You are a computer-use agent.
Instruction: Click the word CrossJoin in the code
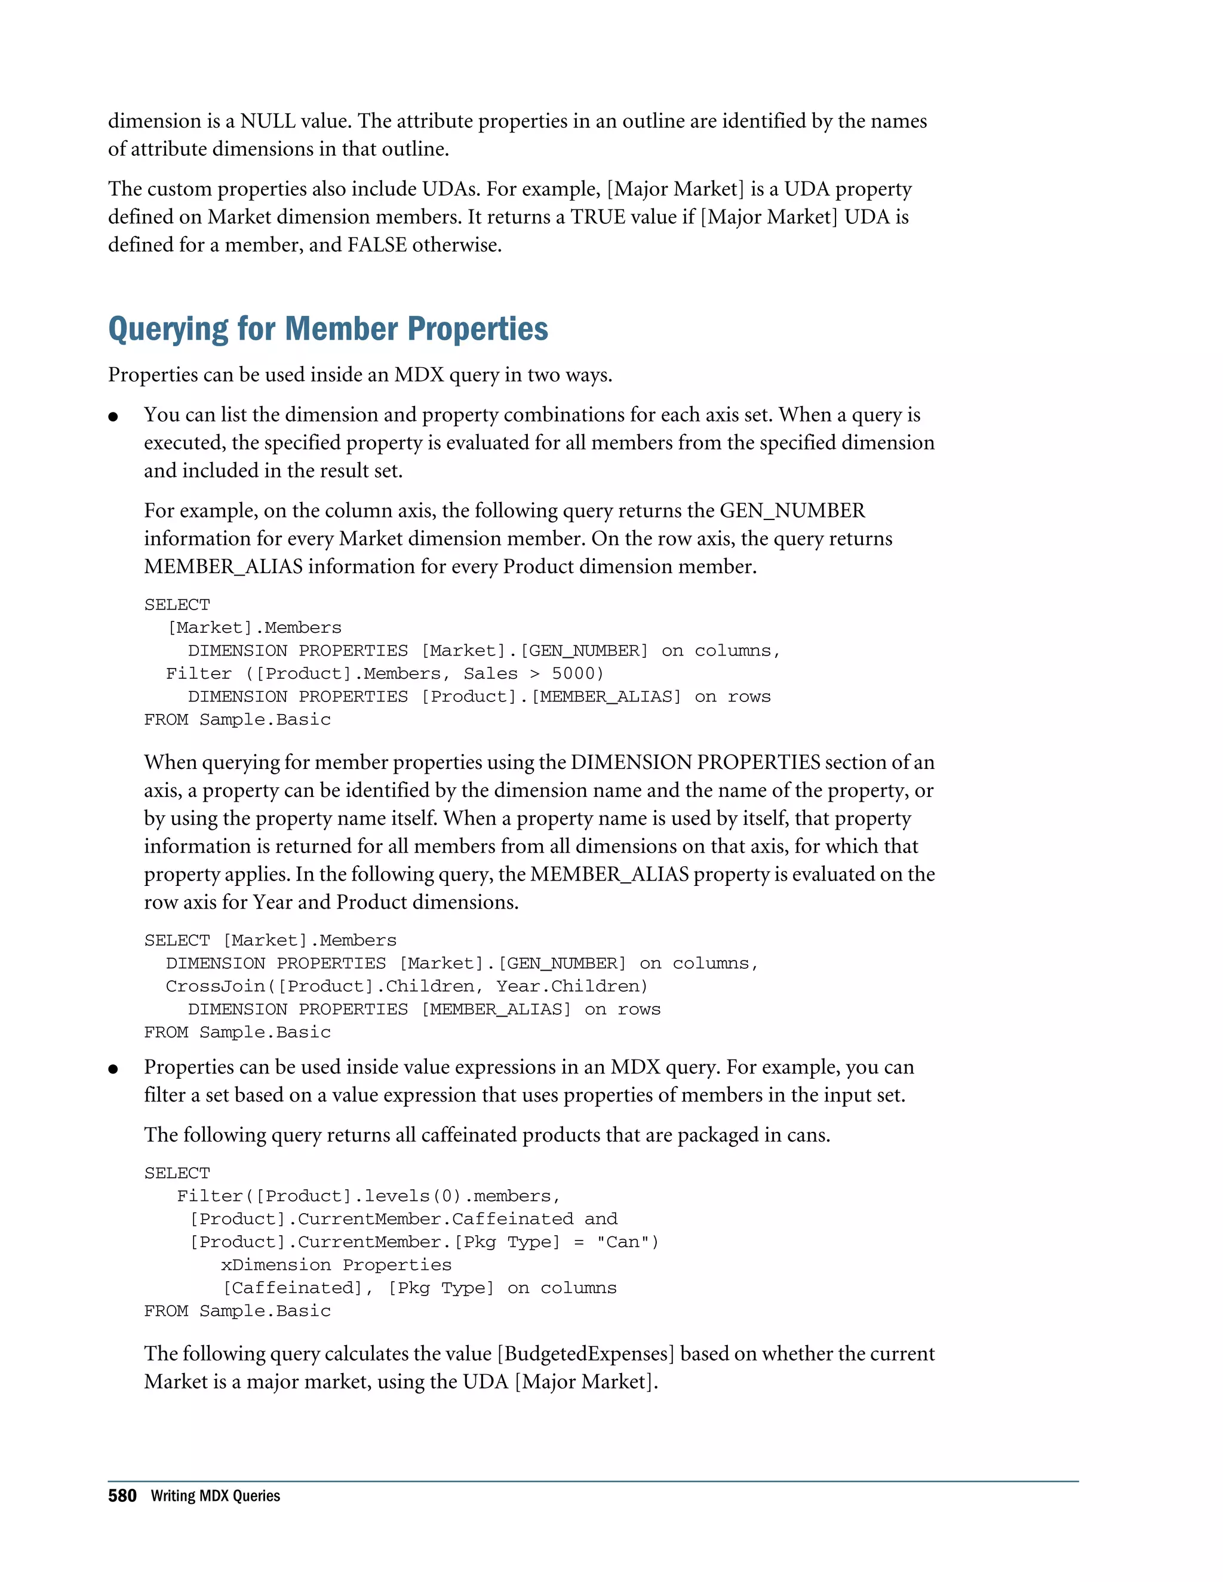click(x=215, y=987)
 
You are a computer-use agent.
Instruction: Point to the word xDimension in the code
click(x=275, y=1265)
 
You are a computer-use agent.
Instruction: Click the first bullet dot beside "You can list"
click(x=113, y=417)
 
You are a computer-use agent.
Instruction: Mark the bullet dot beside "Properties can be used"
click(x=113, y=1069)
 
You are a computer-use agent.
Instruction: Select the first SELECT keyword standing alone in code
click(x=177, y=605)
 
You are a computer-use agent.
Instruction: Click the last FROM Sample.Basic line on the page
click(x=237, y=1311)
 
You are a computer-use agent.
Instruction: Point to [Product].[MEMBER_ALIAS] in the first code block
click(x=551, y=697)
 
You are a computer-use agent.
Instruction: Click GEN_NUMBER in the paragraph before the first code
click(x=792, y=510)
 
